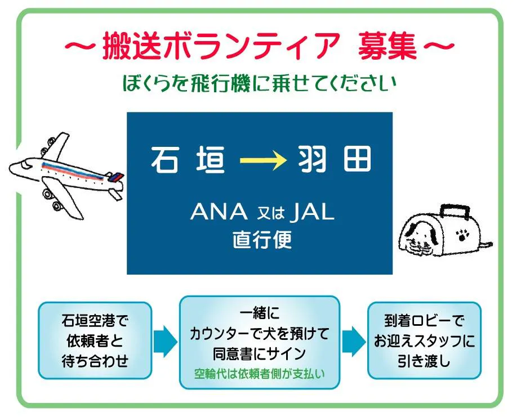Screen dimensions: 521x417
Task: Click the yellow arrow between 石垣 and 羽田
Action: tap(263, 161)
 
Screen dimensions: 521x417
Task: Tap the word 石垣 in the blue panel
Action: tap(188, 160)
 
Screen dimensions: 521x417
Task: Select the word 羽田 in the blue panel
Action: tap(334, 159)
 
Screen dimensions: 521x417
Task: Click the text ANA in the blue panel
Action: tap(219, 212)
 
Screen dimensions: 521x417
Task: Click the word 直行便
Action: tap(262, 239)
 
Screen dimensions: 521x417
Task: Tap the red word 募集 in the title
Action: tap(388, 46)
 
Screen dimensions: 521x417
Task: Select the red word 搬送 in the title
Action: tap(132, 46)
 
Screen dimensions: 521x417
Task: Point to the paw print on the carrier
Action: tap(462, 235)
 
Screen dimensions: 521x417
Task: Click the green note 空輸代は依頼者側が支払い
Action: tap(260, 374)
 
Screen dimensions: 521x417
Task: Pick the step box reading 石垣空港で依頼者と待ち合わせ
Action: tap(95, 340)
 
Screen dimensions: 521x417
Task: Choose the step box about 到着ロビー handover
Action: tap(424, 340)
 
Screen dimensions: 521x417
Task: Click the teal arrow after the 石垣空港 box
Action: tap(165, 342)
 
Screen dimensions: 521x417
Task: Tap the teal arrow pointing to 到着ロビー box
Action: tap(354, 342)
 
